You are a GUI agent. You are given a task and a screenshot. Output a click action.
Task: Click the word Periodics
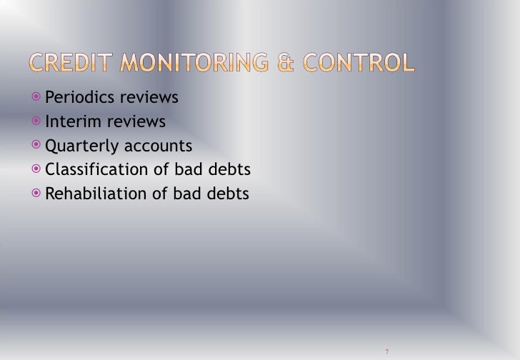76,98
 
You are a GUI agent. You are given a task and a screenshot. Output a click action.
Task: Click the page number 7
386,351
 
